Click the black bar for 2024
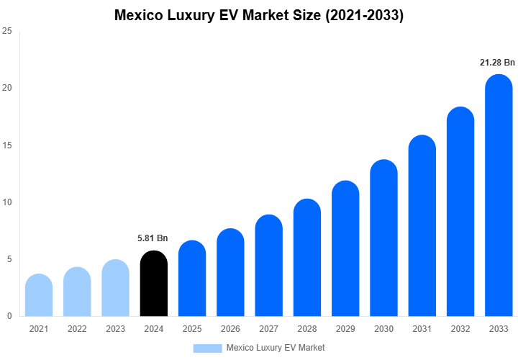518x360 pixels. click(153, 284)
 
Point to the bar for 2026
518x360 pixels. click(230, 273)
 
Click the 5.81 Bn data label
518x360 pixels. click(153, 238)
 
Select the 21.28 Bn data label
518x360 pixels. click(498, 63)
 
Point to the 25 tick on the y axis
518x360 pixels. click(6, 32)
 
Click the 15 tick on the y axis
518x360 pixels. click(6, 145)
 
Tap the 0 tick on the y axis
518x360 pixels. click(9, 316)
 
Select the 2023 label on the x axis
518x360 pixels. click(115, 329)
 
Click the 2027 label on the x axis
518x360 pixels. click(268, 329)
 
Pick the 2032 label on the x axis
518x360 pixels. click(460, 329)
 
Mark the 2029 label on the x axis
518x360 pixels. click(345, 329)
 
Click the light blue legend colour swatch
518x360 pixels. click(207, 348)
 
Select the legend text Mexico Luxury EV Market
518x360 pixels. click(275, 348)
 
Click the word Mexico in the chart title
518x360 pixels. click(140, 15)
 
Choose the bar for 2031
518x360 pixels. click(422, 226)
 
